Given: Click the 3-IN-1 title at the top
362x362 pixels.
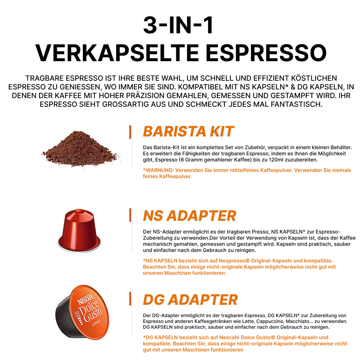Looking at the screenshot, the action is pos(178,25).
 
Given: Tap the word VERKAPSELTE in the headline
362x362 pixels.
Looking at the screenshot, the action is pos(117,53).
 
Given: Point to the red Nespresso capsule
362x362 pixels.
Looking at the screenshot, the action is pos(79,230).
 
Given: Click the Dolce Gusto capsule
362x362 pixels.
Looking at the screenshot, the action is pos(82,312).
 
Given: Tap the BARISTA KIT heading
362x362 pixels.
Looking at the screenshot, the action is pos(188,131).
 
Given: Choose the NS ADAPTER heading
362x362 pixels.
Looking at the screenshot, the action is pos(190,216).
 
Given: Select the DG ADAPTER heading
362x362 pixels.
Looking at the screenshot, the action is pos(190,300).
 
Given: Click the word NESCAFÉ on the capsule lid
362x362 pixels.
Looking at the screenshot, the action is pos(86,299).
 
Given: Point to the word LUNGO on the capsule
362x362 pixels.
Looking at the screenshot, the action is pos(96,323).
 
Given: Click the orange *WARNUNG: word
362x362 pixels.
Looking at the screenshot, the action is pos(159,170).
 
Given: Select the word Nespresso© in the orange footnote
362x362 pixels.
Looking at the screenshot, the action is pos(234,261).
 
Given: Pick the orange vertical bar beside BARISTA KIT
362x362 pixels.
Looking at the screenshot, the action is pos(130,132).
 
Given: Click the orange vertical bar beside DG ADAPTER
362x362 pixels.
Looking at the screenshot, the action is pos(130,299).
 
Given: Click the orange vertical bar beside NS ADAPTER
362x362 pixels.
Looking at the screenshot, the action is pos(130,215).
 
